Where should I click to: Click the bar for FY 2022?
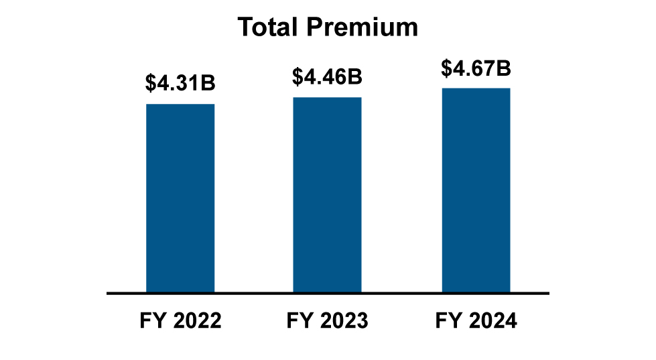[x=180, y=198]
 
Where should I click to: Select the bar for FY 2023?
[x=327, y=195]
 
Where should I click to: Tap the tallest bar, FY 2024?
[x=476, y=190]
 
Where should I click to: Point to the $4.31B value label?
[x=180, y=84]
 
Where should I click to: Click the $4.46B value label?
[x=327, y=76]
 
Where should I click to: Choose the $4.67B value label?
[x=476, y=68]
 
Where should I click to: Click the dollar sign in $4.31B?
[x=150, y=84]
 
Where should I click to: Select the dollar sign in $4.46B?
[x=297, y=76]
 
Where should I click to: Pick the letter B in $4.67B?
[x=504, y=68]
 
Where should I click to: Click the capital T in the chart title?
[x=245, y=27]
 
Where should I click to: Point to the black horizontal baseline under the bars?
[x=328, y=293]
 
